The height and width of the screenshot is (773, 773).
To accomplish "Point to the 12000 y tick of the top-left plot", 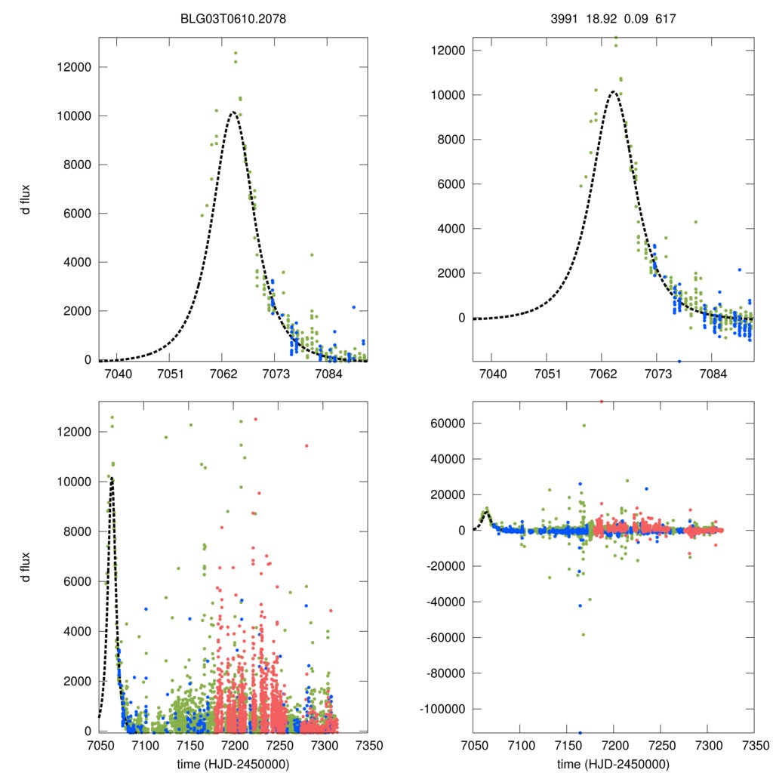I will (72, 67).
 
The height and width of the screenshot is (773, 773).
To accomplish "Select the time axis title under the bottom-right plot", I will (614, 763).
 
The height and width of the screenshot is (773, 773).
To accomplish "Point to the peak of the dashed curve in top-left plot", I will (233, 112).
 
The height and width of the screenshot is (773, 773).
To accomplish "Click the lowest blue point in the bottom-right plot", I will (581, 732).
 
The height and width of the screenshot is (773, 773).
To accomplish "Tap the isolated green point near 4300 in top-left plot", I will (311, 254).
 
